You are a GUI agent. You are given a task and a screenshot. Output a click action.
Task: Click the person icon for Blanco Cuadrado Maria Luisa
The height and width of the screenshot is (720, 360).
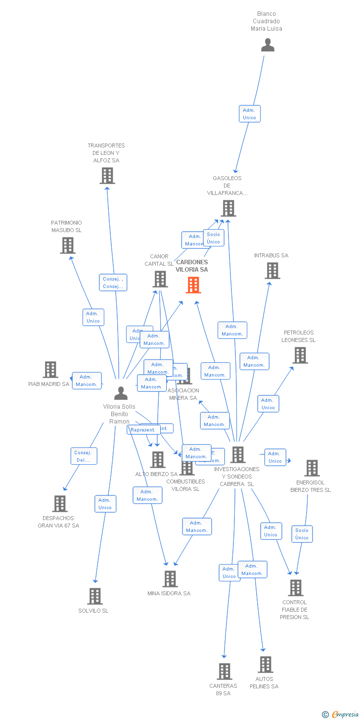pyautogui.click(x=268, y=45)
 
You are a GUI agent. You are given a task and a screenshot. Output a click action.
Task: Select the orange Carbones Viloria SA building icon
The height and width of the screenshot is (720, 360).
pyautogui.click(x=193, y=285)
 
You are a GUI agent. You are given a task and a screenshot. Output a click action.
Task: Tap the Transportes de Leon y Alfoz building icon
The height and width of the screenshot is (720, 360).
pyautogui.click(x=107, y=176)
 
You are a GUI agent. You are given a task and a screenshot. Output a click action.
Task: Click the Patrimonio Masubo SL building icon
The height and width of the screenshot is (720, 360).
pyautogui.click(x=68, y=245)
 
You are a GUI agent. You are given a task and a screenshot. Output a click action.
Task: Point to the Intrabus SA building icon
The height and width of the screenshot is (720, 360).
pyautogui.click(x=272, y=271)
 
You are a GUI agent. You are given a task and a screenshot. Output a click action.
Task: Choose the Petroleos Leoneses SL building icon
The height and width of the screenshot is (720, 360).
pyautogui.click(x=300, y=355)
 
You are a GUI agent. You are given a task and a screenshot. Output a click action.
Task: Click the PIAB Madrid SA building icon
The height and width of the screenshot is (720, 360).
pyautogui.click(x=50, y=370)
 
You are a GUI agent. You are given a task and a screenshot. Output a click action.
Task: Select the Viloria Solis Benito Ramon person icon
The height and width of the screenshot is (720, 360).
pyautogui.click(x=121, y=393)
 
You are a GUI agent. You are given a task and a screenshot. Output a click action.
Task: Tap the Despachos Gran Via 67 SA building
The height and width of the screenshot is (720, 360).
pyautogui.click(x=60, y=504)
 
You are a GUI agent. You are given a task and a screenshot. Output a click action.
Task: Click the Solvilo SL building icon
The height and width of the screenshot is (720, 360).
pyautogui.click(x=95, y=596)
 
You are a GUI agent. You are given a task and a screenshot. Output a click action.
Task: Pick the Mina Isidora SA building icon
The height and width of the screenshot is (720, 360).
pyautogui.click(x=170, y=579)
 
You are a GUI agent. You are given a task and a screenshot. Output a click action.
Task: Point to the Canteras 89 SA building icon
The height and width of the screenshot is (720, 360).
pyautogui.click(x=224, y=672)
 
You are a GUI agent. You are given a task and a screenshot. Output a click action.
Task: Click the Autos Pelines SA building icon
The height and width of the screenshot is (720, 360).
pyautogui.click(x=266, y=665)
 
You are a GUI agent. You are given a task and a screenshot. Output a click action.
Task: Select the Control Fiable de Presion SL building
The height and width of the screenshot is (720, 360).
pyautogui.click(x=295, y=588)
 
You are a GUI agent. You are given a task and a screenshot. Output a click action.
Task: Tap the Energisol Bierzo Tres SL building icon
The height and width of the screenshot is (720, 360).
pyautogui.click(x=312, y=468)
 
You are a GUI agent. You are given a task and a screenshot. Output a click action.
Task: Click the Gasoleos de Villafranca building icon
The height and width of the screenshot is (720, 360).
pyautogui.click(x=228, y=208)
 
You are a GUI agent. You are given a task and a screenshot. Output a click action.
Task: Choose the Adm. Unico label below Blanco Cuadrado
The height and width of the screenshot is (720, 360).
pyautogui.click(x=249, y=114)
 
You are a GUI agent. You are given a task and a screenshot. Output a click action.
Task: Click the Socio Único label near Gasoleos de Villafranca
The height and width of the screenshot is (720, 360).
pyautogui.click(x=214, y=238)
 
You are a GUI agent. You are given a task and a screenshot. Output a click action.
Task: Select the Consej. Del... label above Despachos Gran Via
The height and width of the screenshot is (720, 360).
pyautogui.click(x=84, y=456)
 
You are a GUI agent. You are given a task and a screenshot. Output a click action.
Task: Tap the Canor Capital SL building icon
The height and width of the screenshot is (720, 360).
pyautogui.click(x=160, y=279)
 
